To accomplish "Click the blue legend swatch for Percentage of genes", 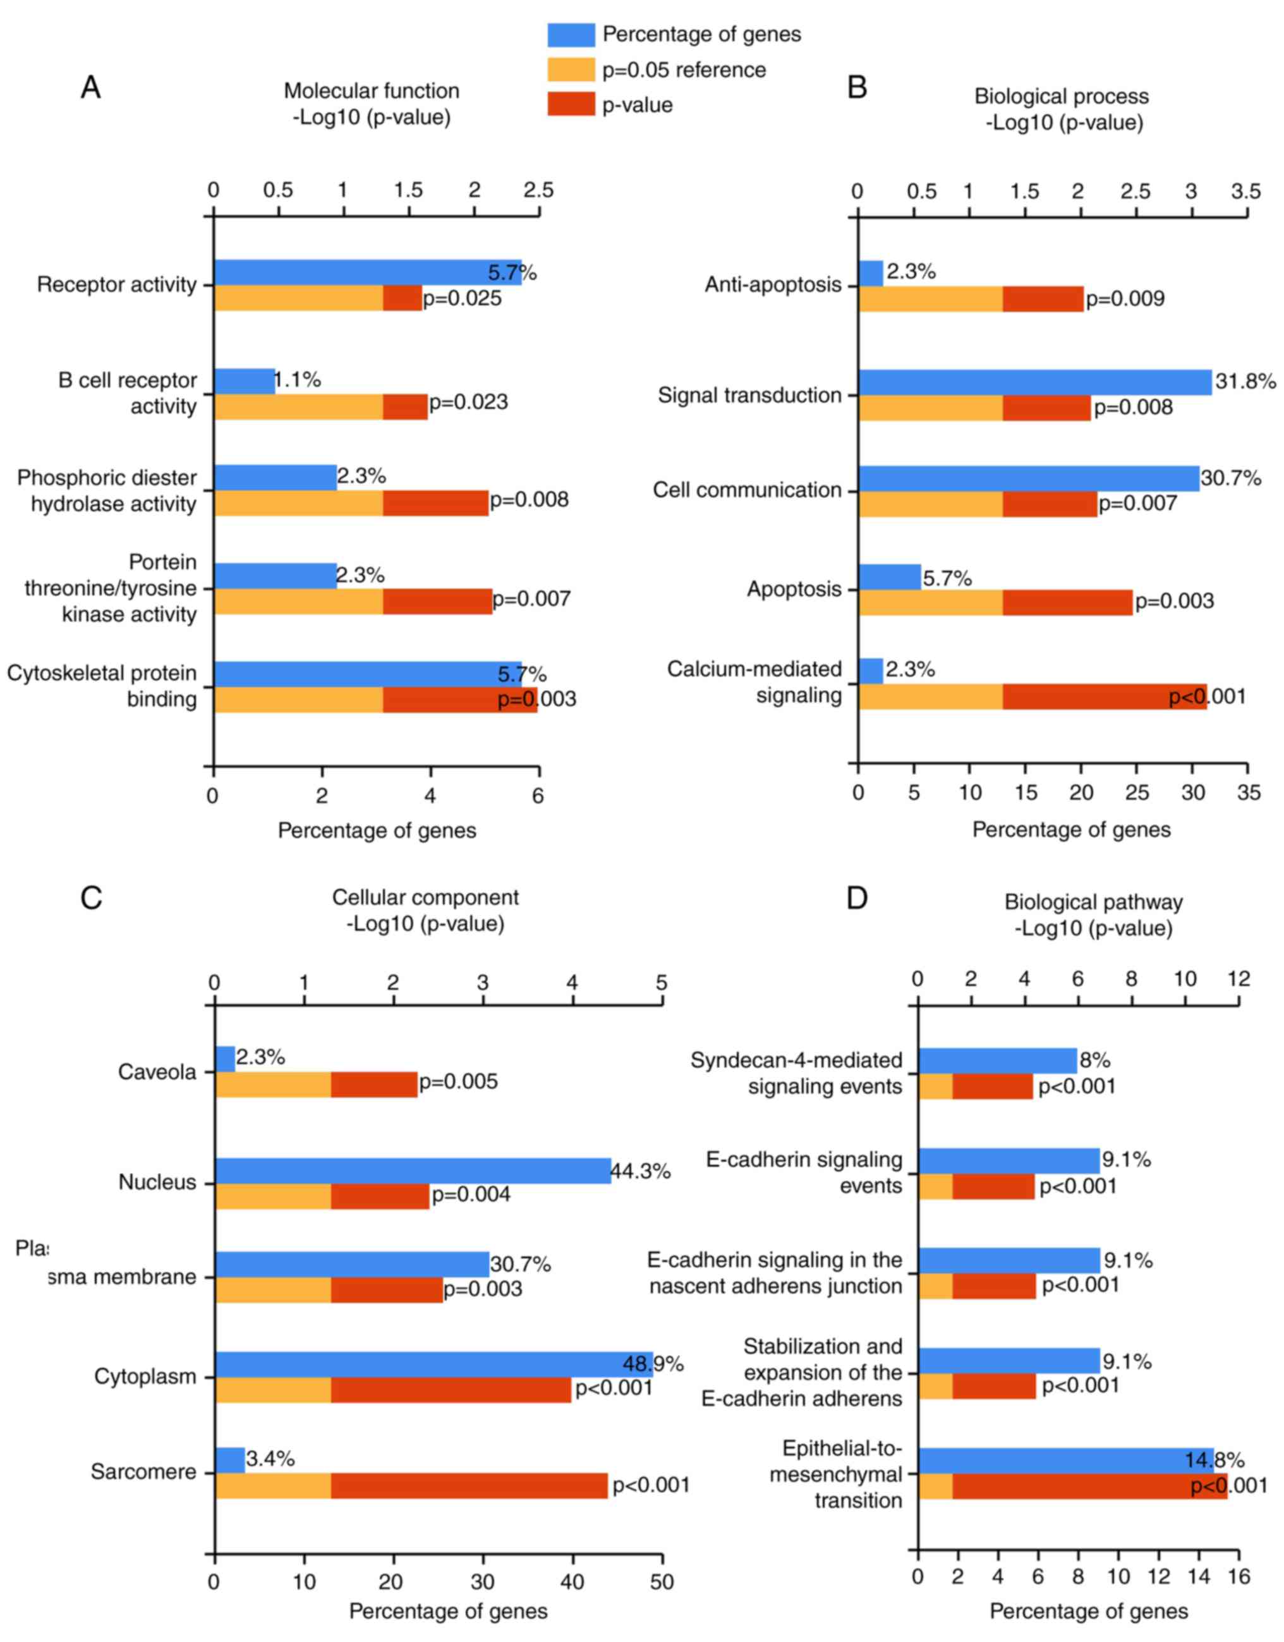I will (571, 35).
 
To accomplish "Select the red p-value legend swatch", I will (571, 104).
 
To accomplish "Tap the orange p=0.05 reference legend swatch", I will (571, 70).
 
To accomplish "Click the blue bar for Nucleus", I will (413, 1171).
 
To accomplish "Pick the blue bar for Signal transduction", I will (1034, 382).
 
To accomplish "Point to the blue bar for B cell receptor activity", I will (245, 381).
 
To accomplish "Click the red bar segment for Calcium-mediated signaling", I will (1105, 696).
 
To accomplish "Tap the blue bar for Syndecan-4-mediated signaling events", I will (997, 1061).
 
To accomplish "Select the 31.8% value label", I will (1245, 381).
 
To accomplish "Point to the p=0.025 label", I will (461, 298).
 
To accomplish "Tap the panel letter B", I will (857, 87).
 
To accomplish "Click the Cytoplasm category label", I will (145, 1376).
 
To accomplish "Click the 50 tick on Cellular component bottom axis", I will (662, 1582).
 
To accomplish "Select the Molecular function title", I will (372, 91).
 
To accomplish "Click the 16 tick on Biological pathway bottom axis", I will (1237, 1577).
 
